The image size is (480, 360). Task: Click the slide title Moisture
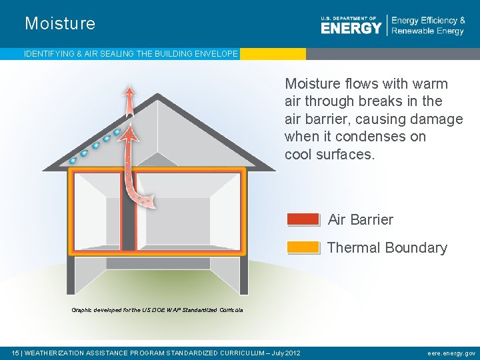coord(60,24)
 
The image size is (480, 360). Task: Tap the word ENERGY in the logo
coord(351,27)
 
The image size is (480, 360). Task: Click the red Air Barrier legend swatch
coord(303,219)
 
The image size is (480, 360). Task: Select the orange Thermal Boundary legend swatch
coord(303,247)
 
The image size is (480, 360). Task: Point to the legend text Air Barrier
coord(361,219)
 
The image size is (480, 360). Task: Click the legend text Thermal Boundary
coord(387,247)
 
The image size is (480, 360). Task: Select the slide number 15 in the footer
coord(16,353)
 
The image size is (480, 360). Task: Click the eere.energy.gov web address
coord(451,353)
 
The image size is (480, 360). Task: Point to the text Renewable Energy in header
coord(427,31)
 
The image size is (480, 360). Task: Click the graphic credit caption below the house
coord(157,310)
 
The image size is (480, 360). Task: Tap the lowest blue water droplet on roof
coord(73,161)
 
